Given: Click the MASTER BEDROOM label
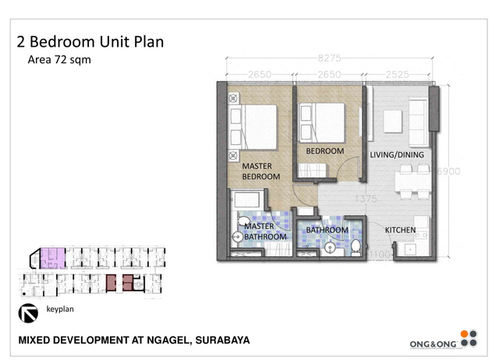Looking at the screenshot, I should coord(260,171).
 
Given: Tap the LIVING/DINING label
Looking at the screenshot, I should coord(397,154).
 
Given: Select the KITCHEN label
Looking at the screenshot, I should coord(400,230).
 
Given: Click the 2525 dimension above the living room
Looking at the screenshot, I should coord(398,75).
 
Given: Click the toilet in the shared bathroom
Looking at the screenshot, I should coord(356,246).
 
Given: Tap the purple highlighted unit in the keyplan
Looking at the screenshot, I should coord(53,256).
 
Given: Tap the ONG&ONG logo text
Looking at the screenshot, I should coord(433,344).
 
